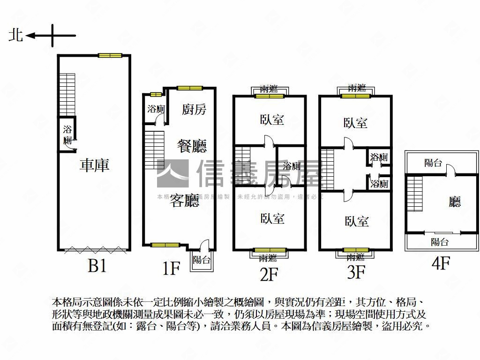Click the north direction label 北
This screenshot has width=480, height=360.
[x=16, y=35]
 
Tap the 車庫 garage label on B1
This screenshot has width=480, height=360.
[x=95, y=165]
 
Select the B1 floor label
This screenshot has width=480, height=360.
[x=97, y=266]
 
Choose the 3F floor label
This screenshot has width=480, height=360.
[x=356, y=272]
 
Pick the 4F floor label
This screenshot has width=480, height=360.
[x=441, y=262]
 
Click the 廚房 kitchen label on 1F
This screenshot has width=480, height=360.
[x=194, y=110]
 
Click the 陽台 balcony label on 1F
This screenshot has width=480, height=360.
[x=202, y=260]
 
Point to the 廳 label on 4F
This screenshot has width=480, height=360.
[x=454, y=202]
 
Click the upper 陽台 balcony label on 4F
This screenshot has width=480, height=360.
[x=433, y=163]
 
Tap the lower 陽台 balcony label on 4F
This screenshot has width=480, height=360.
[x=440, y=242]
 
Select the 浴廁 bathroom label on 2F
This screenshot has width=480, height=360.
[x=292, y=166]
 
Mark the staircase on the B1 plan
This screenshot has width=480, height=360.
[x=67, y=94]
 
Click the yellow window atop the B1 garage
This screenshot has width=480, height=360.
[x=110, y=55]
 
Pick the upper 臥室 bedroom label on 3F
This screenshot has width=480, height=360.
[x=355, y=123]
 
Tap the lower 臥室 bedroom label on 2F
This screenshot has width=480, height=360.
[x=272, y=218]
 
